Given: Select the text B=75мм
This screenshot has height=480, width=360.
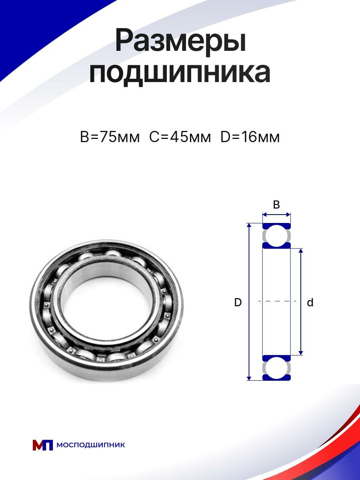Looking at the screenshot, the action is tap(110, 137).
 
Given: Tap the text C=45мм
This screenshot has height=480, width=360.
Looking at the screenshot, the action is tap(180, 137).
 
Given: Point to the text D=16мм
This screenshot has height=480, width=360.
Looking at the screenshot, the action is tap(250, 137).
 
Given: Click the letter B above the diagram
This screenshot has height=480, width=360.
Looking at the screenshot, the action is tap(276, 205).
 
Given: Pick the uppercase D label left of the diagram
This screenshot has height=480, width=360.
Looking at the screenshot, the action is tap(238, 302).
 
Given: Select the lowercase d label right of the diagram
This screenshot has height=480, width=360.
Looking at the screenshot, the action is tap(310, 302).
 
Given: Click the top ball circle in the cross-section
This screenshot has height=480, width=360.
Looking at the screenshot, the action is tap(276, 236).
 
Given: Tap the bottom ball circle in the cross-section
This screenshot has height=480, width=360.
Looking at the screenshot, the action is tap(276, 368).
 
